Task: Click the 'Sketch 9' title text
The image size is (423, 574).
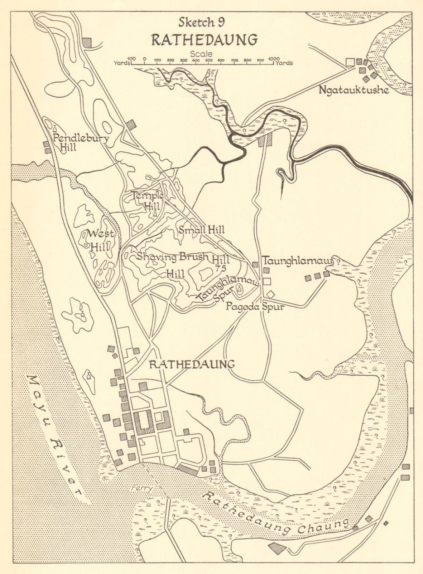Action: pyautogui.click(x=201, y=22)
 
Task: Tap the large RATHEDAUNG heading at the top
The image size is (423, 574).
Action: pyautogui.click(x=204, y=39)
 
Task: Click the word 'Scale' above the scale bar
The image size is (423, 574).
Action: pyautogui.click(x=201, y=54)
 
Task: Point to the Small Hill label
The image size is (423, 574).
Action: pyautogui.click(x=201, y=230)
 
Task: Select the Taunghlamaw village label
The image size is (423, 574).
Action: pyautogui.click(x=298, y=259)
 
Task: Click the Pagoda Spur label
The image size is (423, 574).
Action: pyautogui.click(x=255, y=307)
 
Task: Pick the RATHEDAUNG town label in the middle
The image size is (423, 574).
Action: pyautogui.click(x=192, y=364)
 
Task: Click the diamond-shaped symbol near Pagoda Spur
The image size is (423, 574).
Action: pyautogui.click(x=271, y=294)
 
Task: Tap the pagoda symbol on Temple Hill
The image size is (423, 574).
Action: pyautogui.click(x=155, y=215)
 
